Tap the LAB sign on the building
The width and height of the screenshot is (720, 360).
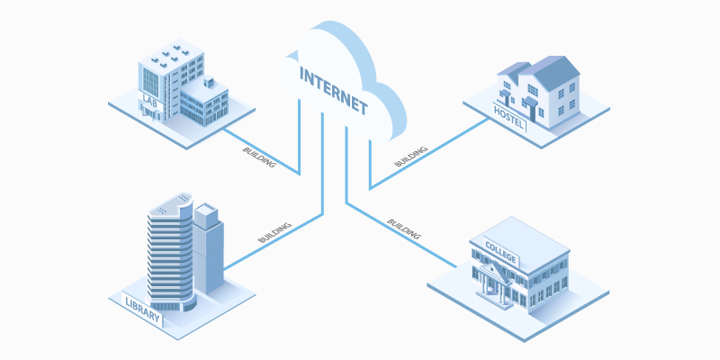coord(149,98)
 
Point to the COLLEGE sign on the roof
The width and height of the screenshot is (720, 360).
coord(501,250)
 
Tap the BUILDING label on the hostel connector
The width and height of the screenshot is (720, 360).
coord(412,154)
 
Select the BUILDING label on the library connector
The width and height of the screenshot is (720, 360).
coord(274,230)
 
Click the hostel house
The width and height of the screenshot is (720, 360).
coord(540,90)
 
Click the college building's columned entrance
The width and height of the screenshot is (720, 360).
coord(495,282)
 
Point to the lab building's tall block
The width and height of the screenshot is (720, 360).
coord(171,76)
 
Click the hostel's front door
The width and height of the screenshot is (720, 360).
coord(532,112)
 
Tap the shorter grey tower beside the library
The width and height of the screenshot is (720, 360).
coord(207,252)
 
